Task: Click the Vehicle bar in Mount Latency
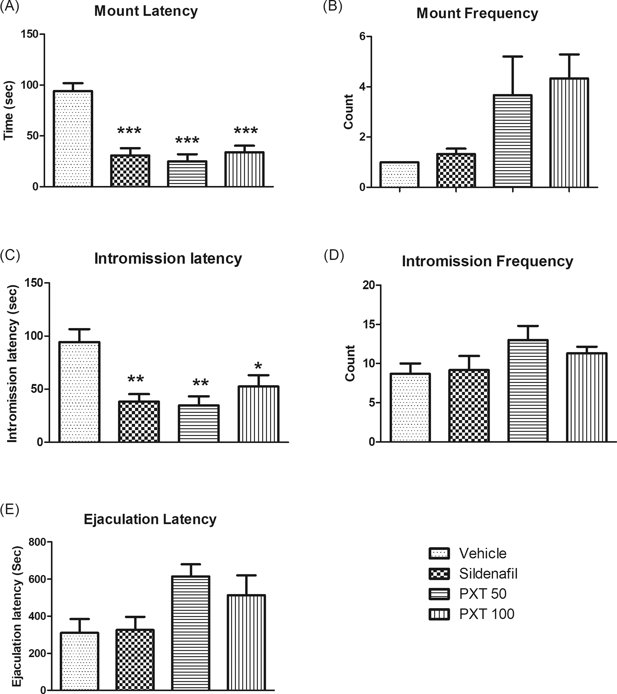[x=73, y=139]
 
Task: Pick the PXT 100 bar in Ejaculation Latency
[x=246, y=643]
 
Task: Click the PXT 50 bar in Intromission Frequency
[x=527, y=391]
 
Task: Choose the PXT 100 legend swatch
[x=439, y=614]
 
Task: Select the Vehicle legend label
[x=483, y=553]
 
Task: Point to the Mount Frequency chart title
[x=477, y=13]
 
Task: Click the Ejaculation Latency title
[x=150, y=519]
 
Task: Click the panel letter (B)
[x=332, y=7]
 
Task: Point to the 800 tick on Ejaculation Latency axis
[x=38, y=542]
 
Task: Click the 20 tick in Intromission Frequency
[x=369, y=285]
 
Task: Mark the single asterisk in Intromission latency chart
[x=258, y=366]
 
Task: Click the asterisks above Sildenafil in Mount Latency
[x=129, y=131]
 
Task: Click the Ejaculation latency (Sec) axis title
[x=17, y=616]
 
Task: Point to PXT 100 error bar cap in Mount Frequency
[x=569, y=54]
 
